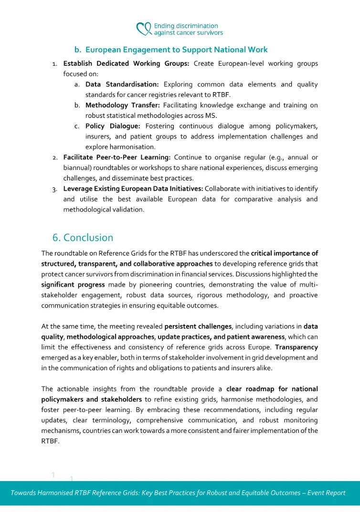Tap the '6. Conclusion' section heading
(83, 238)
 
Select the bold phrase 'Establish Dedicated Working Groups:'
(126, 63)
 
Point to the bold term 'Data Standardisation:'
(122, 84)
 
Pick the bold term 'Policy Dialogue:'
(113, 126)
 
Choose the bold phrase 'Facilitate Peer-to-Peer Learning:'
(116, 157)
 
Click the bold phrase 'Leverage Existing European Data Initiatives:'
(133, 189)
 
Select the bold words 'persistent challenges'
(198, 326)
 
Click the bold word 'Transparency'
(296, 347)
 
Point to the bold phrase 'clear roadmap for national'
(272, 389)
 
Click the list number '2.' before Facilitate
(55, 158)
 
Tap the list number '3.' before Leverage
(55, 189)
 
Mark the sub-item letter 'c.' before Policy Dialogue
(76, 126)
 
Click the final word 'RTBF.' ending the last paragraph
(50, 441)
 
